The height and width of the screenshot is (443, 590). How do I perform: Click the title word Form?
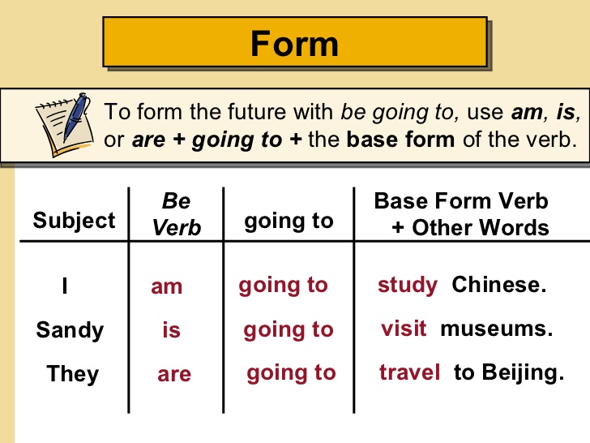[293, 42]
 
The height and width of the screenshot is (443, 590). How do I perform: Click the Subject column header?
[75, 221]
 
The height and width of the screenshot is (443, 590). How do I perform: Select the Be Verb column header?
[176, 213]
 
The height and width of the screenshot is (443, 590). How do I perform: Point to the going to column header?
[289, 221]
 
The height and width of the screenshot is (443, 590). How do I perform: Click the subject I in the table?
[64, 286]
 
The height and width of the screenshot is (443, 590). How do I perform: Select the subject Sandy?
[70, 330]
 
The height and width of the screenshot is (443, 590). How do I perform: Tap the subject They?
[72, 374]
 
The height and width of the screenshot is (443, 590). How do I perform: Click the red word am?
[167, 286]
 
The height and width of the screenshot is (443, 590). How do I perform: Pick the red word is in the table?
[171, 330]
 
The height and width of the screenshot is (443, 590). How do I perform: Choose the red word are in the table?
[174, 374]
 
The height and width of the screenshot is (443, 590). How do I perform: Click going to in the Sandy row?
[289, 329]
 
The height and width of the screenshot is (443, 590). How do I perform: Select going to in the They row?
[291, 373]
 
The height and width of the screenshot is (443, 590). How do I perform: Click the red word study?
[408, 286]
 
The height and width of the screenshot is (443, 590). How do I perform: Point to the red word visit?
[404, 329]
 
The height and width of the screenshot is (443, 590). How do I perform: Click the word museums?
[496, 329]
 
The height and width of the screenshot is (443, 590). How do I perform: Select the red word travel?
[410, 373]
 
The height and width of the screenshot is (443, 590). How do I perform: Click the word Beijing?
[520, 373]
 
